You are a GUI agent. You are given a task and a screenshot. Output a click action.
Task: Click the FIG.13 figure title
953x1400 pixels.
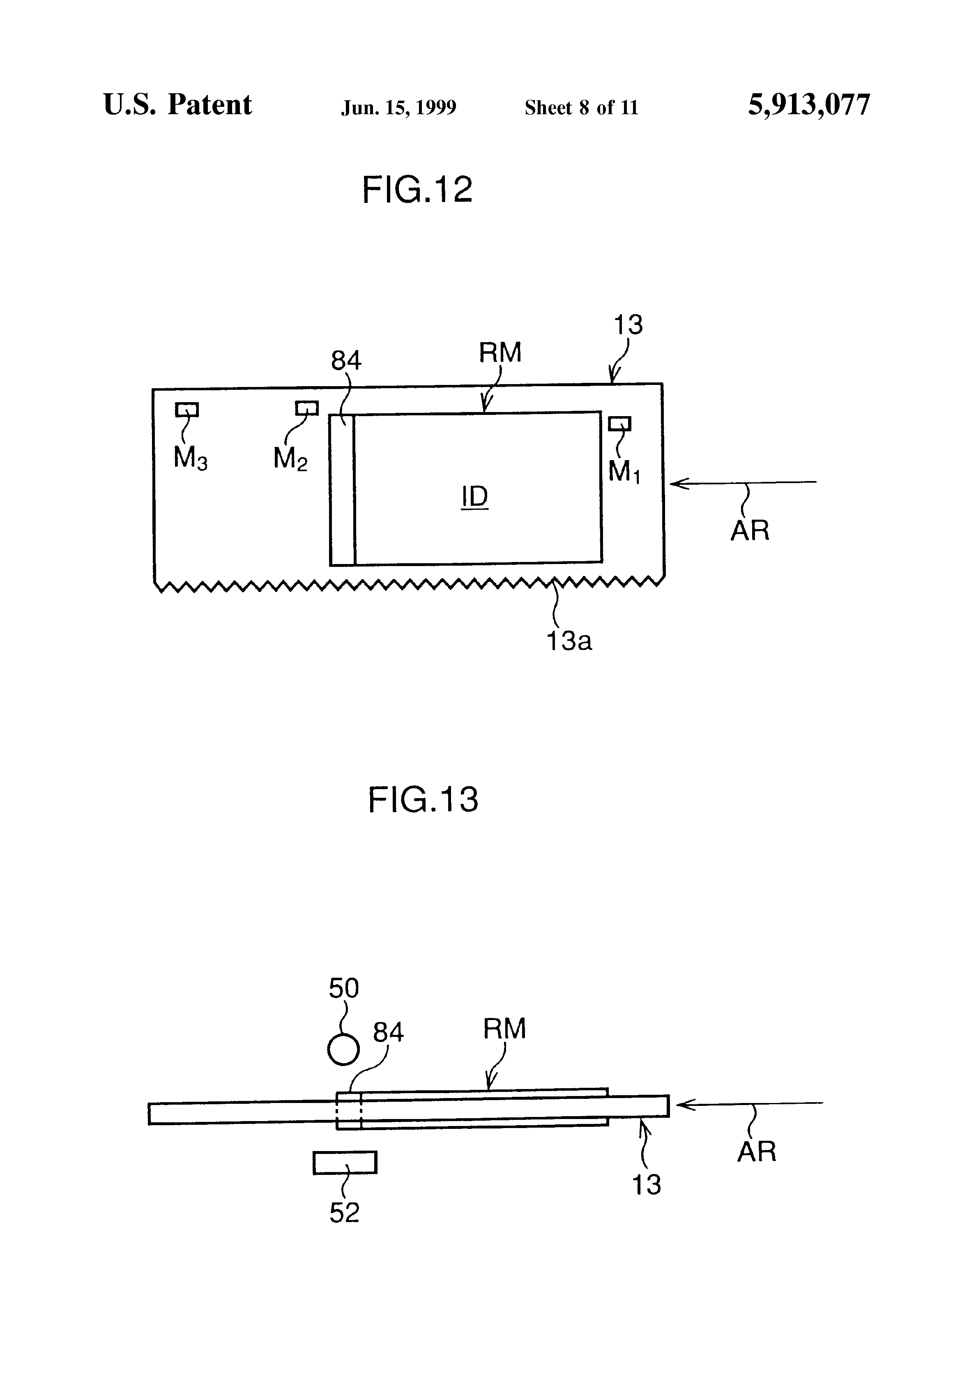click(x=423, y=800)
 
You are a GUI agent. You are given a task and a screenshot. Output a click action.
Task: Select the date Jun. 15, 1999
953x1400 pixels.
click(x=399, y=107)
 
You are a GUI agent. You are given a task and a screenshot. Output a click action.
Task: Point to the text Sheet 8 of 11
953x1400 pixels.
click(x=581, y=107)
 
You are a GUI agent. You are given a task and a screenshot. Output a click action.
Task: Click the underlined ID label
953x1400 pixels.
click(x=475, y=497)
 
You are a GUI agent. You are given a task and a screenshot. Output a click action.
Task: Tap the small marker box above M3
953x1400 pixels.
click(x=187, y=410)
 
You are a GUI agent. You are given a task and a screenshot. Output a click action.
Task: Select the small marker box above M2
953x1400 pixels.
click(x=306, y=408)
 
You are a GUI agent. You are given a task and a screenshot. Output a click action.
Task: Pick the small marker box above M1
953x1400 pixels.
click(x=619, y=424)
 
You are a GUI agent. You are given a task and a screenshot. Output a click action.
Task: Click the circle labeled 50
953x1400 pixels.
click(x=343, y=1050)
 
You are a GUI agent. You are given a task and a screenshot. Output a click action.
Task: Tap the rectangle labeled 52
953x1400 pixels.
click(x=345, y=1162)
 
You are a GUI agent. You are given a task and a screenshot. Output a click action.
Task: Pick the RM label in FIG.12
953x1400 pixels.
click(x=500, y=352)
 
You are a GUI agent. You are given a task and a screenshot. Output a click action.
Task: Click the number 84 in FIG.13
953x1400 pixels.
click(x=388, y=1032)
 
